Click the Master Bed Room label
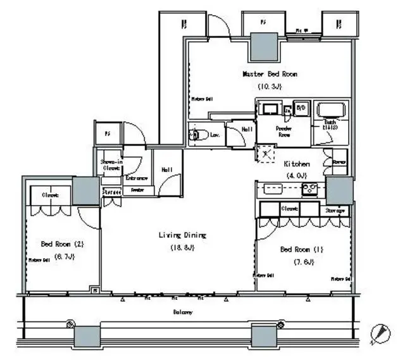click(270, 74)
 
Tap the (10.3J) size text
click(270, 87)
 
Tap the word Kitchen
click(295, 163)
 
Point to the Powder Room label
click(283, 130)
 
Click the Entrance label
click(136, 179)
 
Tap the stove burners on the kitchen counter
click(309, 188)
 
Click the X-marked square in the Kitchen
click(265, 153)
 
